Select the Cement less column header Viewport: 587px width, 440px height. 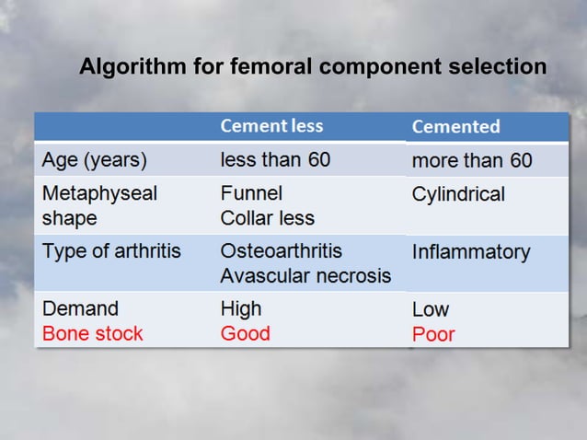pos(271,126)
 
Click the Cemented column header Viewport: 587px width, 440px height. pos(455,127)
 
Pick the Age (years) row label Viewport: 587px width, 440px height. pos(95,160)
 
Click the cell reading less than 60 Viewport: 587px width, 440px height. pos(275,160)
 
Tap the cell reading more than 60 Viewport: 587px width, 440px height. pos(471,161)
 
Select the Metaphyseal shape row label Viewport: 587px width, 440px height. pos(99,206)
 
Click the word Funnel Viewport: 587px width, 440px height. pos(251,194)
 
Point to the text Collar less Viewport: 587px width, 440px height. pos(267,219)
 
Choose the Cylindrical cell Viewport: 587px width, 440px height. pos(458,195)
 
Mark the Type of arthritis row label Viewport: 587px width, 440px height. pos(111,251)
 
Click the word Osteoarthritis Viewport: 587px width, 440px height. pos(281,251)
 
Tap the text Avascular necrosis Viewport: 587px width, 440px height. pos(305,276)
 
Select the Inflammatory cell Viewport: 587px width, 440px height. pos(470,252)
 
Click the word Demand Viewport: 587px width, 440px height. pos(80,308)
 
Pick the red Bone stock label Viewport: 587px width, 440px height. pos(92,333)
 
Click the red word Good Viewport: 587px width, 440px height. pos(245,333)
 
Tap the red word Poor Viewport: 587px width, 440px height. pos(432,334)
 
